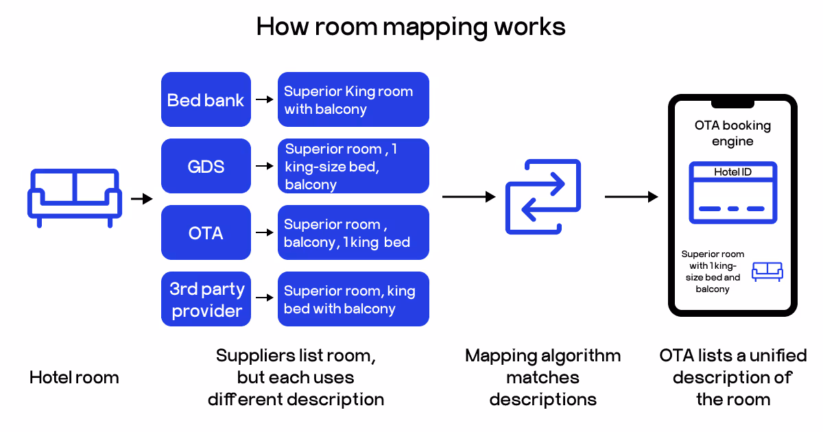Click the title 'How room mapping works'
click(411, 27)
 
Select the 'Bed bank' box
click(206, 99)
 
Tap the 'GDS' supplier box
click(206, 166)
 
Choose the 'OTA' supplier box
click(206, 232)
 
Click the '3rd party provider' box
click(206, 299)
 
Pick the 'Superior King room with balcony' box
click(353, 99)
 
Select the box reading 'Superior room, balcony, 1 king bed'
click(353, 232)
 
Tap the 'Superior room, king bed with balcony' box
click(353, 299)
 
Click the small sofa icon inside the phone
click(767, 272)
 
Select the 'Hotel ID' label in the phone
click(732, 172)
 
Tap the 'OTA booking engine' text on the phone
click(732, 133)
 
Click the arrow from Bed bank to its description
click(263, 99)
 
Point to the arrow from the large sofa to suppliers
click(141, 199)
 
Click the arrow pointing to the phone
click(631, 197)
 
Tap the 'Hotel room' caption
click(74, 377)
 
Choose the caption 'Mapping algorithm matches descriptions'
click(542, 377)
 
